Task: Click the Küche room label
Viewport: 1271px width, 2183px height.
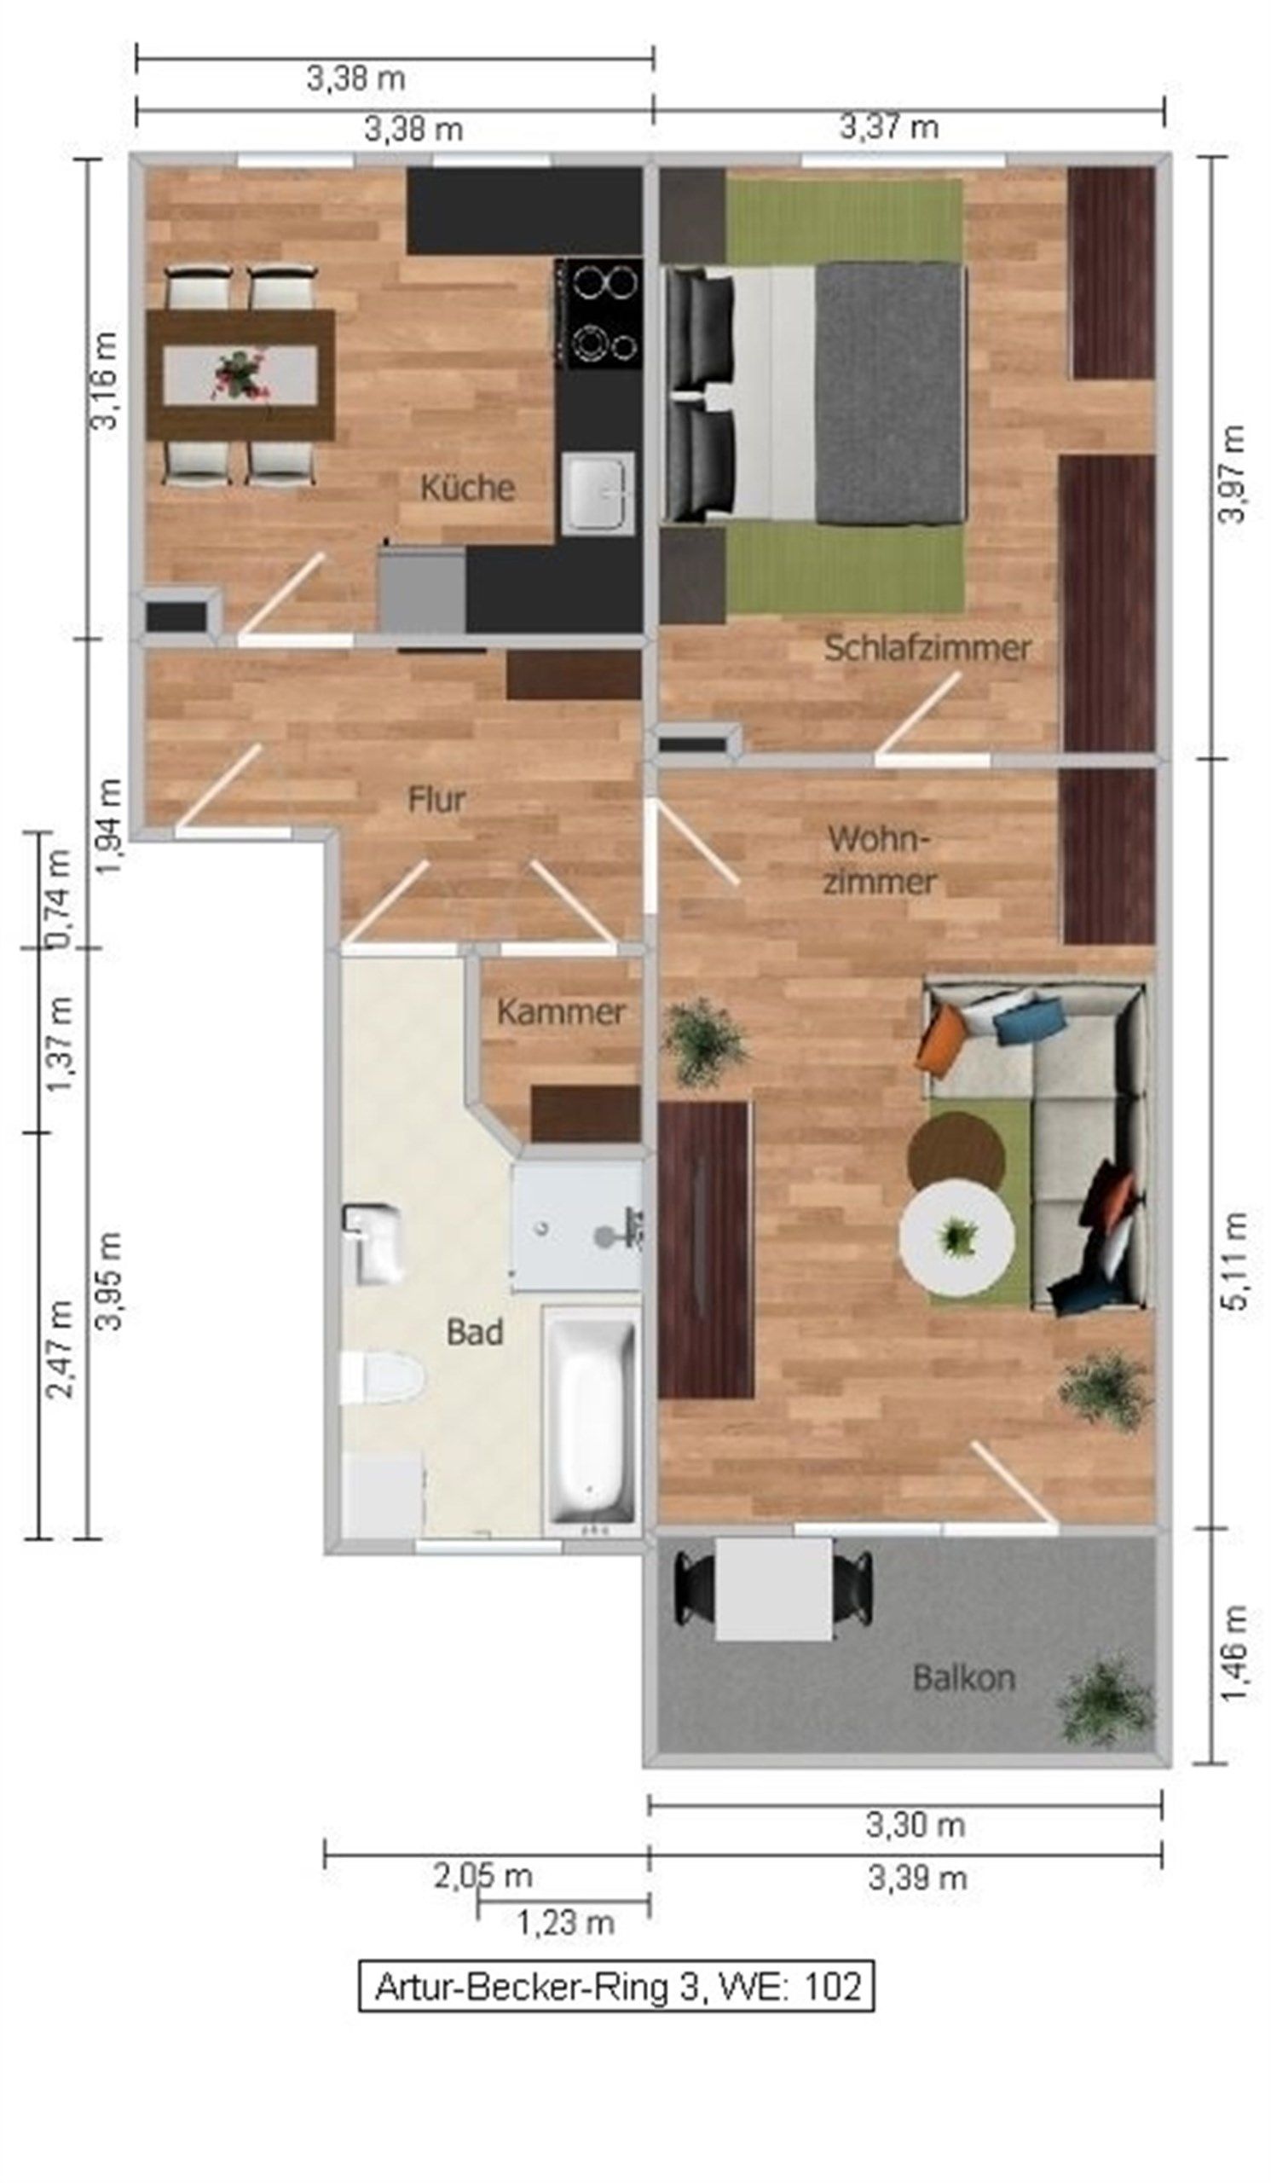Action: [467, 488]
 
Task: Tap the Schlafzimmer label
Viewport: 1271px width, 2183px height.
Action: [927, 648]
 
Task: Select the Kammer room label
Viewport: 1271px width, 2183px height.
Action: [561, 1012]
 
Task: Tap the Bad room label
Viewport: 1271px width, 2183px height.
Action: [475, 1331]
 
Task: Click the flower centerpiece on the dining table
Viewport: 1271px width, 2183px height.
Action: [239, 374]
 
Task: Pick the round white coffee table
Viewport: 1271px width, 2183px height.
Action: [956, 1237]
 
